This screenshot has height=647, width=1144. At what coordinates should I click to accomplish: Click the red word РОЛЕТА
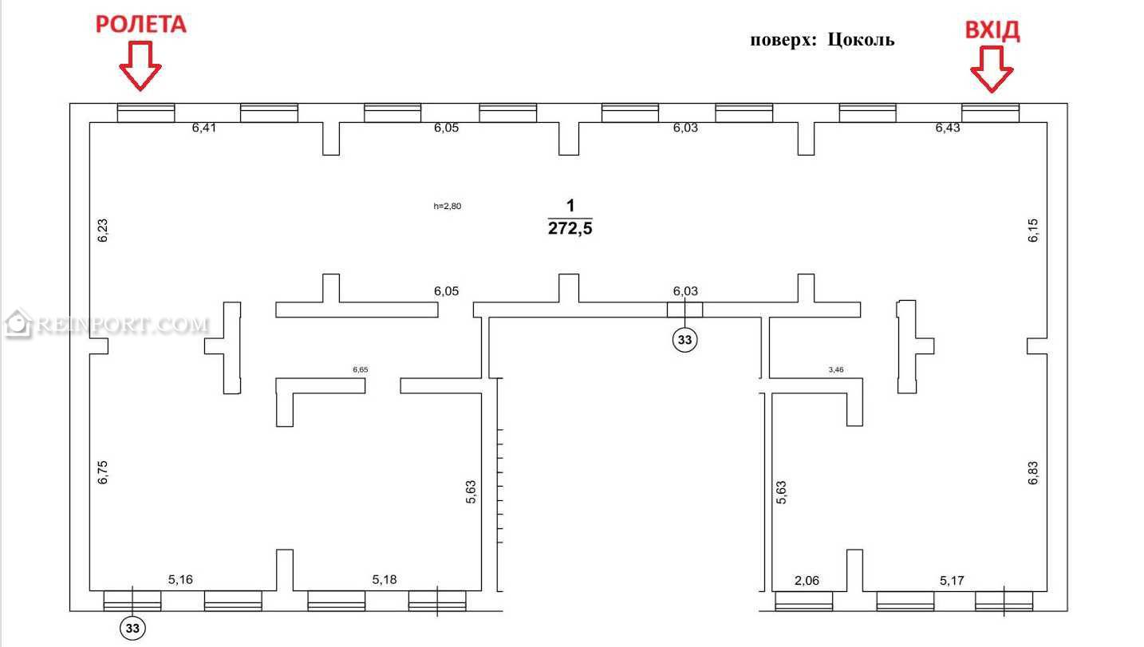click(141, 25)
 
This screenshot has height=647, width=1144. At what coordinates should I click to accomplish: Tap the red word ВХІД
click(992, 30)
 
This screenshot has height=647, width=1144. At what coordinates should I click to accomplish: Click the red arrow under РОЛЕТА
click(140, 66)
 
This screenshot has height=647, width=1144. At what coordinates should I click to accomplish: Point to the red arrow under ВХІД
click(992, 69)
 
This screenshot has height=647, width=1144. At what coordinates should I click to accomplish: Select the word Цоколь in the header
click(861, 40)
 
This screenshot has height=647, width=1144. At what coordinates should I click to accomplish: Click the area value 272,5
click(570, 228)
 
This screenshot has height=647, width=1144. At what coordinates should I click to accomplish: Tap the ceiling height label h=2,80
click(448, 207)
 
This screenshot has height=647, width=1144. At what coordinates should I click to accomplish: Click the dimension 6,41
click(203, 128)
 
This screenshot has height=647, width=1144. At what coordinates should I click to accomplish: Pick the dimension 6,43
click(948, 128)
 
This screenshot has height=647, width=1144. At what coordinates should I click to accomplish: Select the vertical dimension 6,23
click(103, 231)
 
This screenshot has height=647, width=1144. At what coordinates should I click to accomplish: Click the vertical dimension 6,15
click(1033, 231)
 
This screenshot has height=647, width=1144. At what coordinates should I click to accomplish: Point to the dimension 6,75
click(103, 472)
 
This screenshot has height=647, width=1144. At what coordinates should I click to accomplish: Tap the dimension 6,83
click(1033, 473)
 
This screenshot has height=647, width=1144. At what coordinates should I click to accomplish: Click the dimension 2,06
click(807, 581)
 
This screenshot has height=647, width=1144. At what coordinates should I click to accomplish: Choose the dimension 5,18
click(384, 580)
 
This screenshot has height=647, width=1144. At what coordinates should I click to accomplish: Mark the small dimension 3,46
click(836, 369)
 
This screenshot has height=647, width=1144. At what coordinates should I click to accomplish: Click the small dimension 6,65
click(360, 369)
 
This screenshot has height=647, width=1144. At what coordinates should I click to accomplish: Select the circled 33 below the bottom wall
click(132, 628)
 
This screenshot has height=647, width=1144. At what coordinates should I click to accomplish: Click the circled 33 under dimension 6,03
click(684, 340)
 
